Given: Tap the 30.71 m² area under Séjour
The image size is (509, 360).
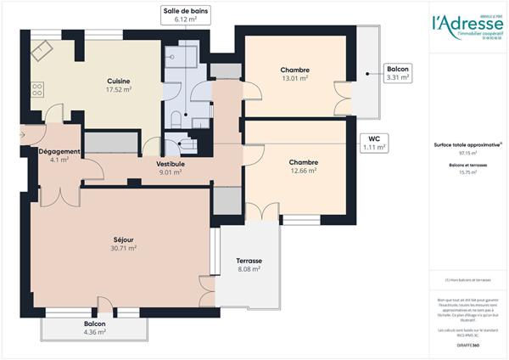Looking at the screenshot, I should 124,248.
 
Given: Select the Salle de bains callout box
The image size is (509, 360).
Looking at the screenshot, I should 185,14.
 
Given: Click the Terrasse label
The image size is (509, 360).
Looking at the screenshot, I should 249,261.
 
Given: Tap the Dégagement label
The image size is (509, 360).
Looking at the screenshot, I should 59,151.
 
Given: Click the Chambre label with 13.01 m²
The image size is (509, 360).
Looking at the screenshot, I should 294,70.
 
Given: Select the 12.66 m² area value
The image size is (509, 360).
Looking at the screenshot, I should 303,171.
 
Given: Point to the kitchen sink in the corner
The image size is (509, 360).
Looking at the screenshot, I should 42,50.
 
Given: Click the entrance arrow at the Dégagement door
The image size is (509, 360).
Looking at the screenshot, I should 21,134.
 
